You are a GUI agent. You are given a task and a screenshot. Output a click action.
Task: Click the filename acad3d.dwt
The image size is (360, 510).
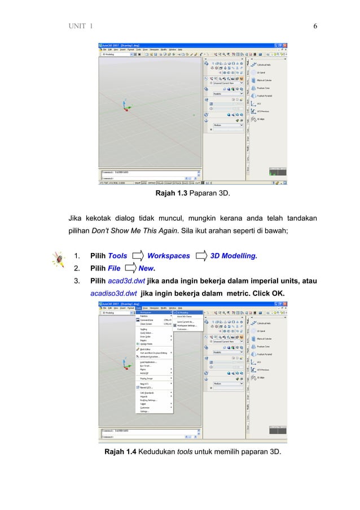point(126,281)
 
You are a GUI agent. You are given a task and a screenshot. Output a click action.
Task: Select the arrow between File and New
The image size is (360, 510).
point(130,269)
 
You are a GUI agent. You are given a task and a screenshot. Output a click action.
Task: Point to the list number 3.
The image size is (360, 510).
point(77,281)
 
